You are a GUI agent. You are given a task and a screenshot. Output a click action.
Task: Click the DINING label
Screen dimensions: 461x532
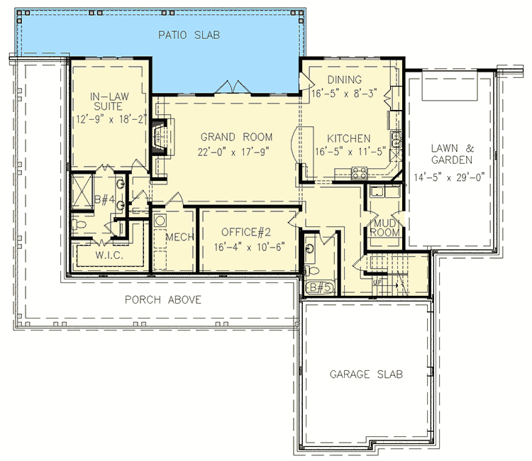pyautogui.click(x=345, y=79)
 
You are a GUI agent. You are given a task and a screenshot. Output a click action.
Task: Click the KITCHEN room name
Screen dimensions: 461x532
pyautogui.click(x=348, y=138)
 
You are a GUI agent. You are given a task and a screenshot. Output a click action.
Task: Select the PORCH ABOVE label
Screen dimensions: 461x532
pyautogui.click(x=163, y=299)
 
